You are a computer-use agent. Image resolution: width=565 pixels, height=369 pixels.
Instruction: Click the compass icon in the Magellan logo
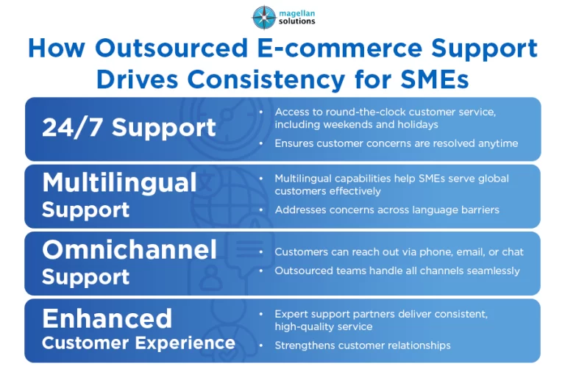[x=264, y=17]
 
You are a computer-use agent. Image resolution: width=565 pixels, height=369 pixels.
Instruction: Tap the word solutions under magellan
[x=297, y=21]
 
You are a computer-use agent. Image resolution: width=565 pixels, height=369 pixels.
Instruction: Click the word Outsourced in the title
[x=171, y=48]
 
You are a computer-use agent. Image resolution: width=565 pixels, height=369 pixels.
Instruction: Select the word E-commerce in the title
[x=340, y=48]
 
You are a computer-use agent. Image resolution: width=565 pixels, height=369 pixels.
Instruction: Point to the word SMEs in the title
[x=434, y=79]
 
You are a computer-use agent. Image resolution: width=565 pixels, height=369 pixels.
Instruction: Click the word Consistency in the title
[x=266, y=79]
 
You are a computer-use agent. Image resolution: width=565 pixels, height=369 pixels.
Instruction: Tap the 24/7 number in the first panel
[x=72, y=127]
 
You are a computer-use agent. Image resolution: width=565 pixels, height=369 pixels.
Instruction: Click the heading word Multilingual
[x=119, y=183]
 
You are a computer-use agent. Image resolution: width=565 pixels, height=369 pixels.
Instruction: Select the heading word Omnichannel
[x=129, y=249]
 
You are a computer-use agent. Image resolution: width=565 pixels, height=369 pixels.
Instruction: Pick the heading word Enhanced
[x=107, y=318]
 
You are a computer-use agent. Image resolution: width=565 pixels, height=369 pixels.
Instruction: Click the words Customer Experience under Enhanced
[x=139, y=343]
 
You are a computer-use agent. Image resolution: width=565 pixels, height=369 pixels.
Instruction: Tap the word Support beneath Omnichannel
[x=86, y=277]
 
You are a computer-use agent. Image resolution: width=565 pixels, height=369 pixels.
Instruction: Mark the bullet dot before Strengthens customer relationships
[x=261, y=345]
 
